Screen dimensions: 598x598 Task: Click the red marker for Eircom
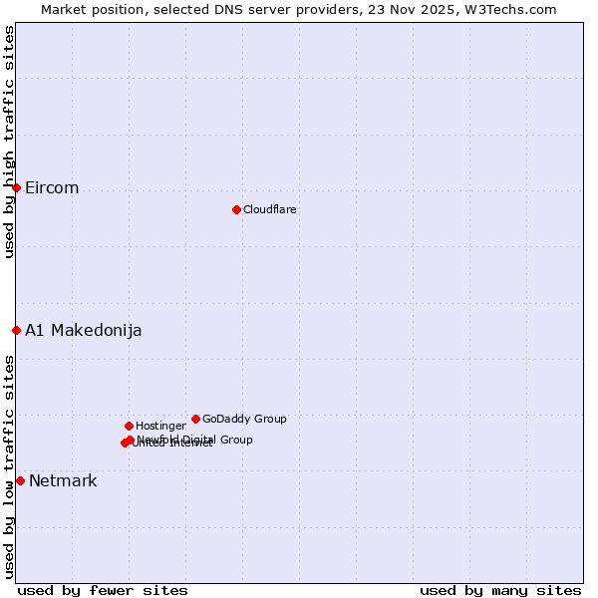pyautogui.click(x=16, y=187)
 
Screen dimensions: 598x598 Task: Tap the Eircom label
pyautogui.click(x=52, y=188)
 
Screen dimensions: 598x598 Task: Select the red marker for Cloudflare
pyautogui.click(x=236, y=209)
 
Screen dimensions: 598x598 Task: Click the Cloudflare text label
pyautogui.click(x=270, y=210)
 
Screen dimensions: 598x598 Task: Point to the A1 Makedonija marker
pyautogui.click(x=16, y=330)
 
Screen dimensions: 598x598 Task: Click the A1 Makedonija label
pyautogui.click(x=84, y=331)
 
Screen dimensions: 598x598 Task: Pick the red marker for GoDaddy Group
pyautogui.click(x=195, y=419)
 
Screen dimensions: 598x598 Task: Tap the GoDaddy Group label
pyautogui.click(x=244, y=420)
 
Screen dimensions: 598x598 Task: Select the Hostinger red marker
pyautogui.click(x=129, y=426)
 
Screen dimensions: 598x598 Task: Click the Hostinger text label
pyautogui.click(x=160, y=427)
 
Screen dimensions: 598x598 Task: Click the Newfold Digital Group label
pyautogui.click(x=195, y=440)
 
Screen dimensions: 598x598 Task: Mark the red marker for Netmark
pyautogui.click(x=20, y=480)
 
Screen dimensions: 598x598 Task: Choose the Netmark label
pyautogui.click(x=63, y=481)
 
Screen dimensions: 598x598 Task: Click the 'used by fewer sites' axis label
pyautogui.click(x=103, y=591)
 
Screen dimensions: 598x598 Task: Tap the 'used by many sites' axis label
pyautogui.click(x=500, y=591)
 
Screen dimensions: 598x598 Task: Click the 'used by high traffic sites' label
pyautogui.click(x=9, y=142)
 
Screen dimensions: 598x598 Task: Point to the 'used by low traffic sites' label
pyautogui.click(x=9, y=466)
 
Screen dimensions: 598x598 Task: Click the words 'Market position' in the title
pyautogui.click(x=87, y=9)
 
